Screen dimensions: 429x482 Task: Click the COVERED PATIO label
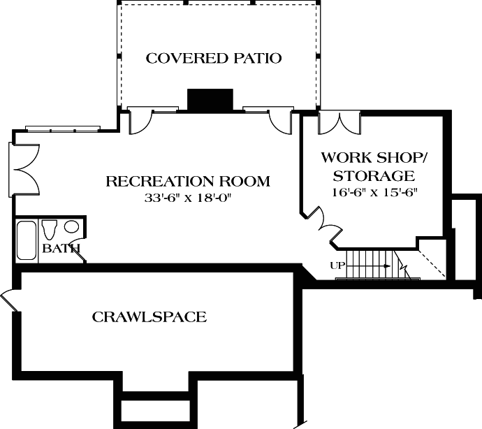213,58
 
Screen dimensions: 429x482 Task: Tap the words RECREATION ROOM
187,182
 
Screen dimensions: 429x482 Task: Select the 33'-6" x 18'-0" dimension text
187,198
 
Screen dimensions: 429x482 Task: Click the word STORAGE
374,175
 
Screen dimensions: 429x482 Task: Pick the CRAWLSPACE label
149,317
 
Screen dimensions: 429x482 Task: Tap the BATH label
61,248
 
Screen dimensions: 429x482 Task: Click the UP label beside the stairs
337,265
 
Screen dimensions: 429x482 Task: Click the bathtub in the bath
27,240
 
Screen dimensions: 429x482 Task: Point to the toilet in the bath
50,229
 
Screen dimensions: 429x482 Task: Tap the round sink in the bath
71,227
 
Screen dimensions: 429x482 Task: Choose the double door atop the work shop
338,122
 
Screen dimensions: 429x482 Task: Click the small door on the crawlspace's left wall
8,298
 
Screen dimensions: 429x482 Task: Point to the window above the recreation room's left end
63,128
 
